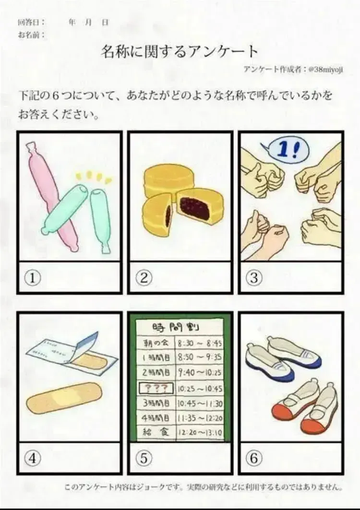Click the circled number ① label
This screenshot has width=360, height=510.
[x=33, y=278]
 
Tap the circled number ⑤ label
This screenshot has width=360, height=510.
[x=144, y=458]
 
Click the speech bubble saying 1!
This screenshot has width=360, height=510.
[x=285, y=151]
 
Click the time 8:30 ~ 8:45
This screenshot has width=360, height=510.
[x=200, y=343]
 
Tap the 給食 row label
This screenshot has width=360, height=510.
[x=155, y=432]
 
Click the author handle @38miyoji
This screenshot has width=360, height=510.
[x=325, y=69]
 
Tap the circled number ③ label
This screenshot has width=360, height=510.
[x=254, y=278]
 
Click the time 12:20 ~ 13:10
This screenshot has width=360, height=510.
[x=200, y=432]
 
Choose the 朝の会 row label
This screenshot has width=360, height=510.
[x=156, y=343]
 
